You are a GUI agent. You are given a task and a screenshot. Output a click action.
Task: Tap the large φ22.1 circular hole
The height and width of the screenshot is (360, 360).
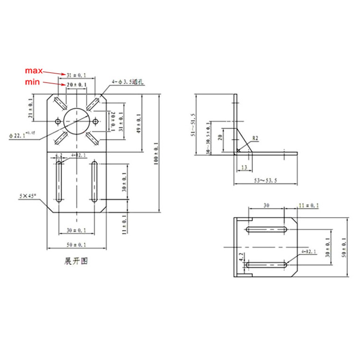76,121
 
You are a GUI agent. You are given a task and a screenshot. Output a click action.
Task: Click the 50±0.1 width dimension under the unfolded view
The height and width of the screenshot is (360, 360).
76,244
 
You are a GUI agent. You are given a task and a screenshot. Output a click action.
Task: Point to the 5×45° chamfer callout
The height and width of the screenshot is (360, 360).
28,196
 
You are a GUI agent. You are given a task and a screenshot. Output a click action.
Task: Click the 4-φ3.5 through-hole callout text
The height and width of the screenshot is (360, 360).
128,82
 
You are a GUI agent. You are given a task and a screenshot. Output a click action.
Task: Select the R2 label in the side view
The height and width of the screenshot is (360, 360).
256,138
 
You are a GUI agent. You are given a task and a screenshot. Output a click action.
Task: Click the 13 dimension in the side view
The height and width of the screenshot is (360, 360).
244,167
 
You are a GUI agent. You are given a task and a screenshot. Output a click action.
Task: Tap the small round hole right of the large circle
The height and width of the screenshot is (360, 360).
96,121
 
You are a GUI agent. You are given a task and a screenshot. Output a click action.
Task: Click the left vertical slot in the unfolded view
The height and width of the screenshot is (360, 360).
59,182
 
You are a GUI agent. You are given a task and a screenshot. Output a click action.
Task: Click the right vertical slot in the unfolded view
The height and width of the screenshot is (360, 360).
94,182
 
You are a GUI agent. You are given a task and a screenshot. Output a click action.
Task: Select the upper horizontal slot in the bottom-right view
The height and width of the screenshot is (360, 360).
267,229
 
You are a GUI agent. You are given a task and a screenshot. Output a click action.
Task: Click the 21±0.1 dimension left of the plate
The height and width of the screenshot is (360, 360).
31,108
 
